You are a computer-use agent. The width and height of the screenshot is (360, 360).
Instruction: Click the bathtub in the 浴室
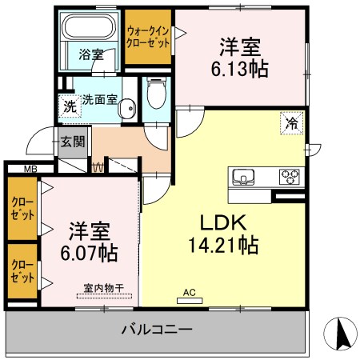(x=89, y=27)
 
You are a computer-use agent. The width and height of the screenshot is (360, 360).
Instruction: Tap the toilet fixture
(x=157, y=94)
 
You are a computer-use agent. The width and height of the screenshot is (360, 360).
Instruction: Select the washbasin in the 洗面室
(x=127, y=109)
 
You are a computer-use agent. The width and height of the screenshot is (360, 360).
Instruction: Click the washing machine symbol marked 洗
(x=70, y=106)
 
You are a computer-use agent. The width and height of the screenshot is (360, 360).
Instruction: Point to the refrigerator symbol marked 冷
(x=292, y=123)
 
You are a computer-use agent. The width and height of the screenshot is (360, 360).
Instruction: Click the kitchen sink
(x=243, y=177)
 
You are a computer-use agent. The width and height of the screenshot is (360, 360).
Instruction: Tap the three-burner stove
(x=290, y=177)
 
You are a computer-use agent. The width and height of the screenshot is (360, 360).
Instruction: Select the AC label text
(x=190, y=292)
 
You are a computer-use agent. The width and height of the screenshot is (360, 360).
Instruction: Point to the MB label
(x=30, y=169)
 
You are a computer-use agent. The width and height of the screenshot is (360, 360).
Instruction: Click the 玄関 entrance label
(x=73, y=142)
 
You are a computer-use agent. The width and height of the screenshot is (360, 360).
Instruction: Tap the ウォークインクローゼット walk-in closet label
(x=148, y=37)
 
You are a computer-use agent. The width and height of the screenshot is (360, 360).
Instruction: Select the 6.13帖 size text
(x=240, y=69)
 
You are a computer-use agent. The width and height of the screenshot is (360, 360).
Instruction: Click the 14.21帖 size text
(x=223, y=245)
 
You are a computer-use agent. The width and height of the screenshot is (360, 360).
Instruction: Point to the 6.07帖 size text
(x=89, y=253)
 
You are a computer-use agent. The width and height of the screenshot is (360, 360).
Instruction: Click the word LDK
(x=223, y=222)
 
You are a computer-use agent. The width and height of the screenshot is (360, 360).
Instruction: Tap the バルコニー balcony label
(x=157, y=330)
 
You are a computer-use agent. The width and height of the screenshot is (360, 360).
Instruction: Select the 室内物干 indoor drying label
(x=104, y=288)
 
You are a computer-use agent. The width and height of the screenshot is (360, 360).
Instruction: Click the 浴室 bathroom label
(x=91, y=54)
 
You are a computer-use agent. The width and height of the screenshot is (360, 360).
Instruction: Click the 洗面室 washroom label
(x=99, y=99)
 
